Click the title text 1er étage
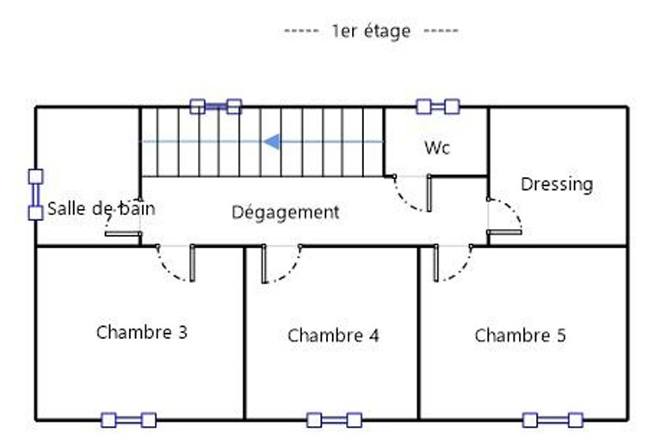pyautogui.click(x=371, y=31)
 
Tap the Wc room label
pyautogui.click(x=437, y=147)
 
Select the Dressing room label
pyautogui.click(x=557, y=183)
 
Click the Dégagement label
pyautogui.click(x=286, y=212)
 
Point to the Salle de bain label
pyautogui.click(x=102, y=208)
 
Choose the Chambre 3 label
pyautogui.click(x=142, y=332)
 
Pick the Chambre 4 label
pyautogui.click(x=333, y=336)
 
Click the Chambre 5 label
pyautogui.click(x=520, y=336)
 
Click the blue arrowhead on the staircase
pyautogui.click(x=271, y=141)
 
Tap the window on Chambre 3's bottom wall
pyautogui.click(x=128, y=420)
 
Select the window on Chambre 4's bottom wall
pyautogui.click(x=335, y=420)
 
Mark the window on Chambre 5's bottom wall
pyautogui.click(x=552, y=420)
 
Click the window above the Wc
pyautogui.click(x=437, y=107)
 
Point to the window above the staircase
pyautogui.click(x=215, y=107)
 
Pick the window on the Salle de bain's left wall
pyautogui.click(x=35, y=194)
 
